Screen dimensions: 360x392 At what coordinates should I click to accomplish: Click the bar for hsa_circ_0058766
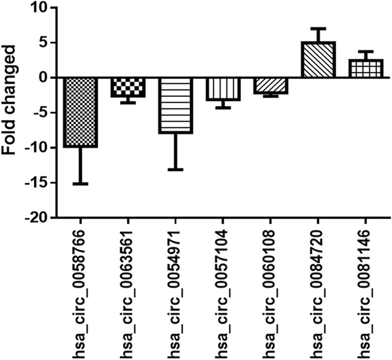pyautogui.click(x=80, y=112)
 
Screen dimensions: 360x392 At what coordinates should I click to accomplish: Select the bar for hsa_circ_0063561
pyautogui.click(x=128, y=87)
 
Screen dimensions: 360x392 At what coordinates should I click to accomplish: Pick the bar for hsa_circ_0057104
pyautogui.click(x=223, y=89)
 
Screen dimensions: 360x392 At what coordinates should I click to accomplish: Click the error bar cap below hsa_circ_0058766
pyautogui.click(x=80, y=183)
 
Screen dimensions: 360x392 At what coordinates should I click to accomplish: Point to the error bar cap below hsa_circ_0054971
pyautogui.click(x=175, y=170)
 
